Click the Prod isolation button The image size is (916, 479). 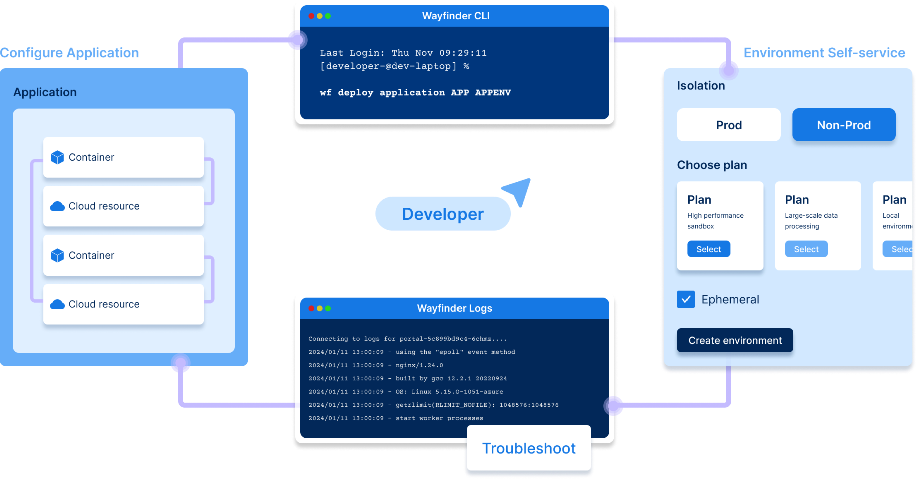(x=729, y=125)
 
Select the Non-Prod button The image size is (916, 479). (x=844, y=125)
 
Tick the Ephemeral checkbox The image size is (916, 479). (x=685, y=299)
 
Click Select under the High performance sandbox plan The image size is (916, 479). (x=708, y=249)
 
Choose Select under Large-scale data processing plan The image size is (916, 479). (x=806, y=249)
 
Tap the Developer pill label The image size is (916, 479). (x=442, y=214)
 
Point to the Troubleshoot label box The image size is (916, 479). (x=529, y=448)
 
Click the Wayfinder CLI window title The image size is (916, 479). (x=455, y=16)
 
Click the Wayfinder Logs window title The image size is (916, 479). (x=454, y=308)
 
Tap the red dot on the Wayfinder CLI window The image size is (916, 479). (x=311, y=16)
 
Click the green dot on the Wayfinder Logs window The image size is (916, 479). (x=328, y=308)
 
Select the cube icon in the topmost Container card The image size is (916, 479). (x=58, y=157)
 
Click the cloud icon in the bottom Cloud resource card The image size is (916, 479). (x=57, y=304)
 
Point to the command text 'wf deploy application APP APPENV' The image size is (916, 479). (x=415, y=92)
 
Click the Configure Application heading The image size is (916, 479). (x=70, y=53)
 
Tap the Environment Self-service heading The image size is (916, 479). (x=824, y=53)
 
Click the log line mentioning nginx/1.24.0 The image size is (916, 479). (x=376, y=365)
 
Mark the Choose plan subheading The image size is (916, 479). (x=712, y=165)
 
